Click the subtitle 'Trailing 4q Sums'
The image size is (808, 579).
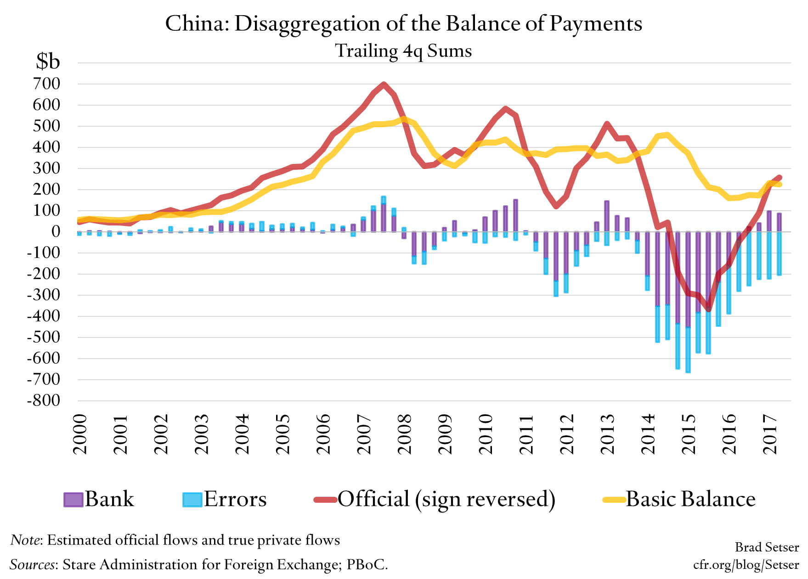(x=403, y=51)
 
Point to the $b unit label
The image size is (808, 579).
(x=48, y=61)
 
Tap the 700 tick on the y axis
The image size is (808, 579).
(x=46, y=84)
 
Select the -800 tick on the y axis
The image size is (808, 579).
(x=44, y=400)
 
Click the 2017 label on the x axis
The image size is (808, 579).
(x=770, y=434)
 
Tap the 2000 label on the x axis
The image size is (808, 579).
(x=80, y=434)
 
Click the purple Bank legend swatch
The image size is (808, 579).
(x=73, y=500)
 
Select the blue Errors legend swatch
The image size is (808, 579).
(x=192, y=500)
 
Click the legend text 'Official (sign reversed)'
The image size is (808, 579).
(x=446, y=499)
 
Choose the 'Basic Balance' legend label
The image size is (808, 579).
(x=690, y=499)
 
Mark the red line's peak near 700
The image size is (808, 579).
(x=384, y=84)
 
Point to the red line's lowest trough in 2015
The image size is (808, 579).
(x=708, y=309)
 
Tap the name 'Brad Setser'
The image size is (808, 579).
(x=767, y=547)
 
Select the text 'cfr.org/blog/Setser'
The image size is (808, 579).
(x=746, y=564)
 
